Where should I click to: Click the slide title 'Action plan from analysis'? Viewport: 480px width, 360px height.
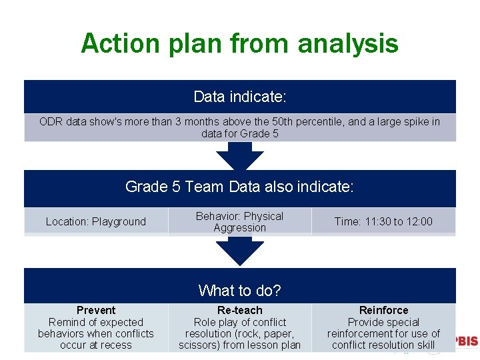[239, 44]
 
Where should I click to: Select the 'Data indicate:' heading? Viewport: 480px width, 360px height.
[239, 97]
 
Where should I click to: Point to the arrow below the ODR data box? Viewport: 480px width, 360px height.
[239, 157]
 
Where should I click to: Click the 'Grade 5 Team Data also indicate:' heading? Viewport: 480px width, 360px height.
[239, 187]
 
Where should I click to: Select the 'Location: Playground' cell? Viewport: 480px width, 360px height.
[95, 222]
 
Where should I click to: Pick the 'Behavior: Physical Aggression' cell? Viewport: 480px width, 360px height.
[239, 222]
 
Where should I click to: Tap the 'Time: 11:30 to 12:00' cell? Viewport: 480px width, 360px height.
[383, 222]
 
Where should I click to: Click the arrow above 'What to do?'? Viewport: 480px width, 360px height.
[239, 252]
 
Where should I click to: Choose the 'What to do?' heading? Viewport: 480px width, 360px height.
[239, 291]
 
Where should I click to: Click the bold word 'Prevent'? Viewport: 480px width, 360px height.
[96, 311]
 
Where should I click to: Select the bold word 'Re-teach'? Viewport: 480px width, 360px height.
[239, 311]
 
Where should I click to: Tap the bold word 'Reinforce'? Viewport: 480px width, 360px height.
[383, 311]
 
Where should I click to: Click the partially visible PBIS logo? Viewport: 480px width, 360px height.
[466, 341]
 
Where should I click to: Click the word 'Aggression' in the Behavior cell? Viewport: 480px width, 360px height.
[239, 228]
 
